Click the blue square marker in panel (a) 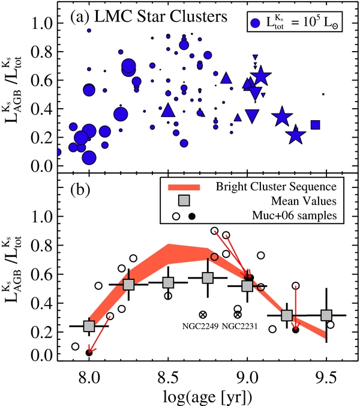(x=316, y=125)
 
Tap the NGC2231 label (x=240, y=326)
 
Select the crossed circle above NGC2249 (x=203, y=315)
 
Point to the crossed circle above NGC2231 (x=238, y=315)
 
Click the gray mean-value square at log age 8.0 (x=89, y=326)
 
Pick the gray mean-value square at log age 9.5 (x=326, y=315)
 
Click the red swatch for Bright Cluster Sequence (x=184, y=187)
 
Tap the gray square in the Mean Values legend (x=184, y=201)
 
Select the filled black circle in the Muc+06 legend (x=192, y=216)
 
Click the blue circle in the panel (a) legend (x=255, y=23)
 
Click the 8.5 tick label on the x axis (x=169, y=378)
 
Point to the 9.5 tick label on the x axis (x=326, y=378)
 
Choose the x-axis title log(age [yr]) (x=208, y=396)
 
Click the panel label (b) (x=80, y=190)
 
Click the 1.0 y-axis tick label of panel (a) (x=43, y=23)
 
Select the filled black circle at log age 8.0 (x=89, y=353)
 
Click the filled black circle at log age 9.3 (x=296, y=330)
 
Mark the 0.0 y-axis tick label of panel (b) (x=43, y=356)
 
